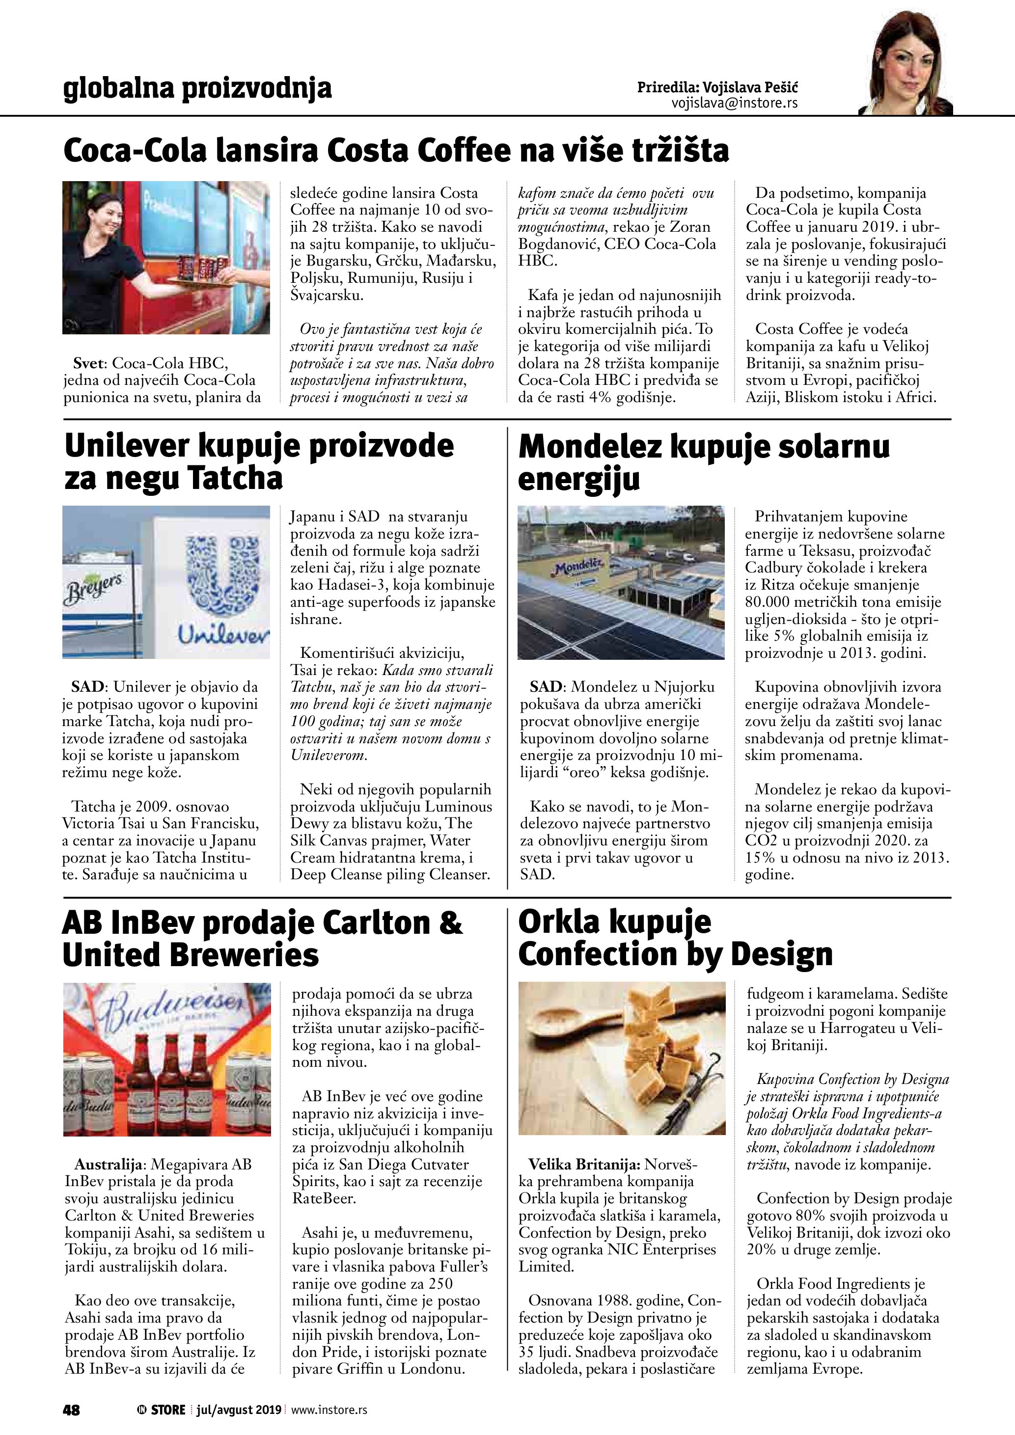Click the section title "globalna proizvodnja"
(x=197, y=88)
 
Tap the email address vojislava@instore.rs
(x=735, y=103)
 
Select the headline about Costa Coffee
(x=396, y=151)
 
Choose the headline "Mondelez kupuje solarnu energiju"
(x=703, y=462)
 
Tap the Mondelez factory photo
(x=621, y=582)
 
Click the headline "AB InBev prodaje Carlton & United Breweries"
(x=263, y=939)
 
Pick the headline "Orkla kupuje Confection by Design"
(x=675, y=938)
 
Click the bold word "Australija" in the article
(x=110, y=1164)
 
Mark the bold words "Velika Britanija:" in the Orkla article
(x=584, y=1164)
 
